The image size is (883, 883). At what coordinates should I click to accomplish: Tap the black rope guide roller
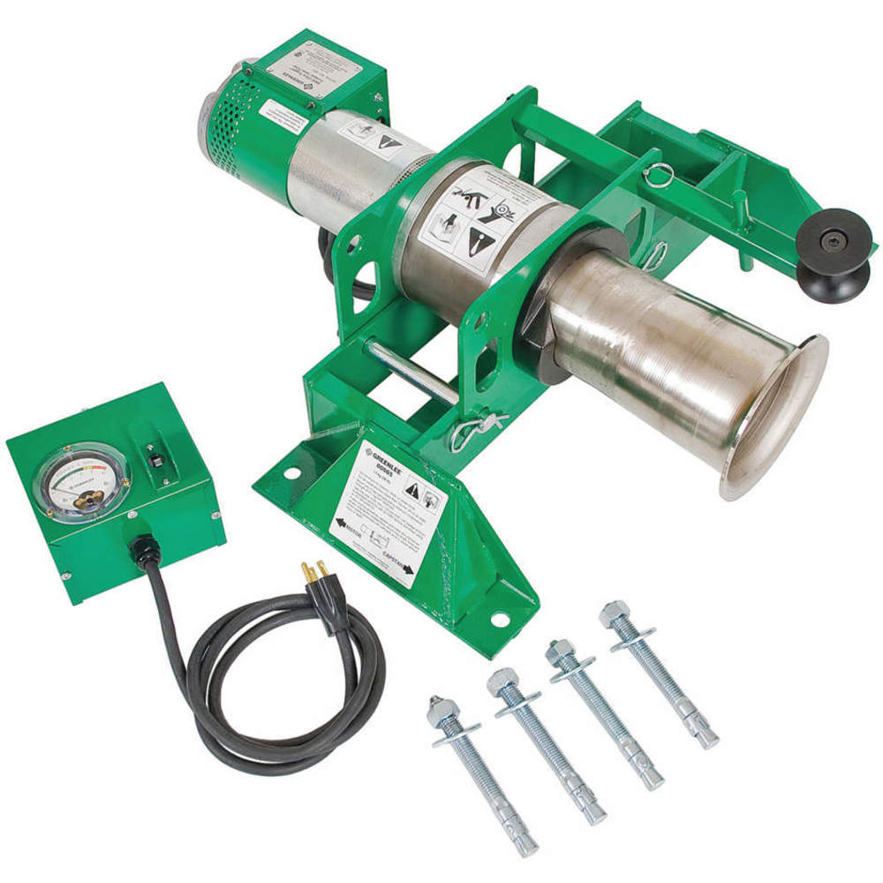(x=834, y=256)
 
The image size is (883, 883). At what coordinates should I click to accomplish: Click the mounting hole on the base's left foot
(x=288, y=472)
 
